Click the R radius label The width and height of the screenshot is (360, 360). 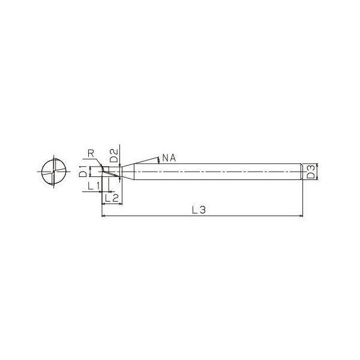tap(91, 154)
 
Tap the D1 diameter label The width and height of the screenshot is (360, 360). tap(83, 171)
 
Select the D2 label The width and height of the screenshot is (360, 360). tap(114, 155)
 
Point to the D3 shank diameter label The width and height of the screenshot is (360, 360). tap(311, 172)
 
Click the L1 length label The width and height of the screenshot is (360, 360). tap(94, 186)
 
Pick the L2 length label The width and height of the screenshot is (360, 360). tap(112, 197)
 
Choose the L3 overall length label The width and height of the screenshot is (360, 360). tap(199, 210)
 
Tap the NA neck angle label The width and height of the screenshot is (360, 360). tap(169, 158)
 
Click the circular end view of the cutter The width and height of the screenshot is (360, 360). tap(54, 172)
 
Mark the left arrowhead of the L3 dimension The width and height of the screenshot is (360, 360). tap(103, 216)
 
